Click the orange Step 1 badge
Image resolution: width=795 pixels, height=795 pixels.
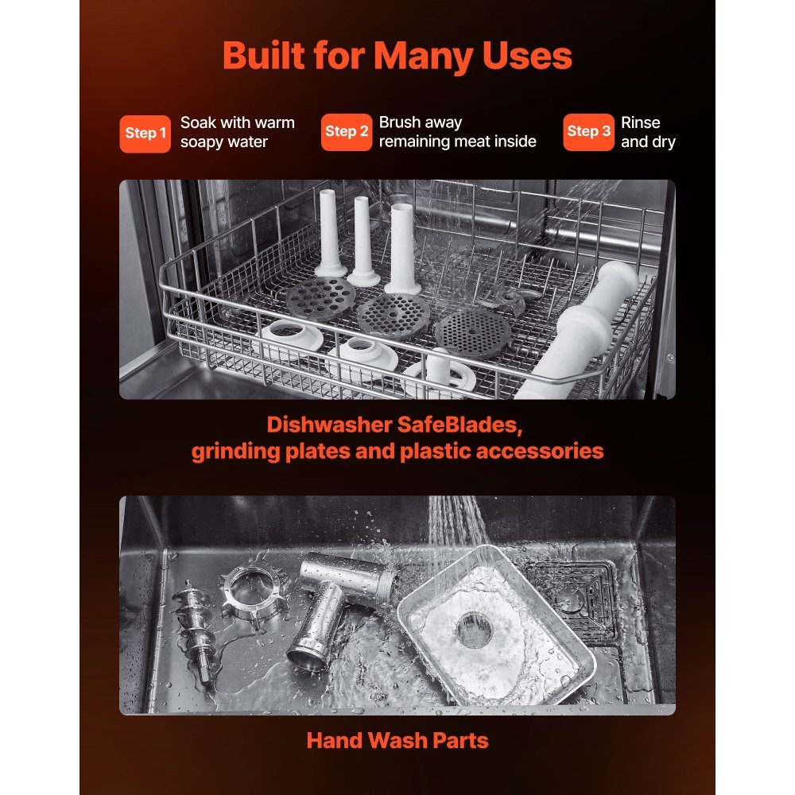[x=145, y=134]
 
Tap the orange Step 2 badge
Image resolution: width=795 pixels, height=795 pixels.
[x=347, y=132]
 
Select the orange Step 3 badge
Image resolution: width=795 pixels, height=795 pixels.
[x=588, y=132]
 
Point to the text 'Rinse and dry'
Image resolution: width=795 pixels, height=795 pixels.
[x=648, y=132]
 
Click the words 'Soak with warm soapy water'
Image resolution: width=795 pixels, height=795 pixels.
[x=237, y=132]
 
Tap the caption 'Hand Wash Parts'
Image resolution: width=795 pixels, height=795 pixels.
[x=397, y=740]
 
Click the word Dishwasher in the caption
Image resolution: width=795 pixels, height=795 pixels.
[x=330, y=425]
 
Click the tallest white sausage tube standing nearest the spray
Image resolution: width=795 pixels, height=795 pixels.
[x=402, y=248]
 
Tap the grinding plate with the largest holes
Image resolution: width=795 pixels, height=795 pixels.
[x=320, y=299]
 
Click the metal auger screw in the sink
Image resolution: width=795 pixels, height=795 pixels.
[x=194, y=631]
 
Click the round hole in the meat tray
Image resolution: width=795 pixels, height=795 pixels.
[x=474, y=629]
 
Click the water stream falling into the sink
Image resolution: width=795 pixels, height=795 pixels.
[x=455, y=522]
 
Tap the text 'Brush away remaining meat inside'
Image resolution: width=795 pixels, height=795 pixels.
[x=457, y=132]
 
